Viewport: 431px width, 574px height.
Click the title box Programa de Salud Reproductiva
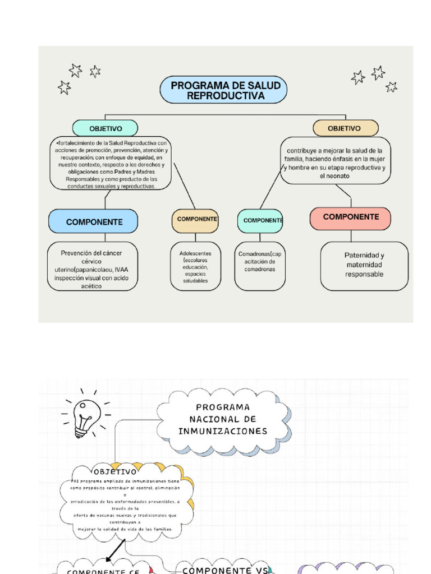223,90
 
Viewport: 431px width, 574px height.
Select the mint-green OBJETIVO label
105,128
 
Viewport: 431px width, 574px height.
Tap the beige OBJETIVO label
345,128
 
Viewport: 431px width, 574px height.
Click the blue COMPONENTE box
94,221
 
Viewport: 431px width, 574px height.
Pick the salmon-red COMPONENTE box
351,217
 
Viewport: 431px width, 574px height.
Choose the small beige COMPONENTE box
195,220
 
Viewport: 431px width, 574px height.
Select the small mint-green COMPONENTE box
260,221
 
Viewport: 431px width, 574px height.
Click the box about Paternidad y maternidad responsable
364,265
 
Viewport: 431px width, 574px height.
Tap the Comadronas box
260,265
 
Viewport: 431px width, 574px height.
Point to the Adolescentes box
195,266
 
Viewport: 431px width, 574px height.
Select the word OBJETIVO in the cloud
115,472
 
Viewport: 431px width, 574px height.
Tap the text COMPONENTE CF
103,571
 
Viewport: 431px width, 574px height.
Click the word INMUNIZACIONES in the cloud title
223,431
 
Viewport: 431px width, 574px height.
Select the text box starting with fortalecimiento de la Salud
111,163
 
